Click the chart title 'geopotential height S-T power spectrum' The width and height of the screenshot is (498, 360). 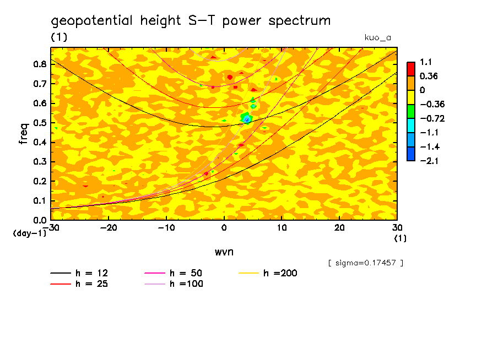(x=191, y=21)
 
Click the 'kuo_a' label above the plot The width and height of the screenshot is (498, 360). (x=378, y=37)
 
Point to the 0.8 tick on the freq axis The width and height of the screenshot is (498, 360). (x=40, y=64)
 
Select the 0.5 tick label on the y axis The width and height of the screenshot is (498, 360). (x=40, y=123)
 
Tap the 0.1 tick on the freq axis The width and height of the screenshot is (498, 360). (x=40, y=201)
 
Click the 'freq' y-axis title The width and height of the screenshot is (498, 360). (x=23, y=134)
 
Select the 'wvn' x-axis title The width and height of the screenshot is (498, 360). (x=223, y=252)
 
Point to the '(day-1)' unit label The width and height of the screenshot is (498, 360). (x=29, y=233)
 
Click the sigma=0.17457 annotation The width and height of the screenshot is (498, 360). (x=365, y=263)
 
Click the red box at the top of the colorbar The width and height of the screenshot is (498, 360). (x=411, y=69)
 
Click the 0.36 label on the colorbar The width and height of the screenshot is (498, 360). (x=428, y=76)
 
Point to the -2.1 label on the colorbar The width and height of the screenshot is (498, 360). (x=429, y=160)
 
